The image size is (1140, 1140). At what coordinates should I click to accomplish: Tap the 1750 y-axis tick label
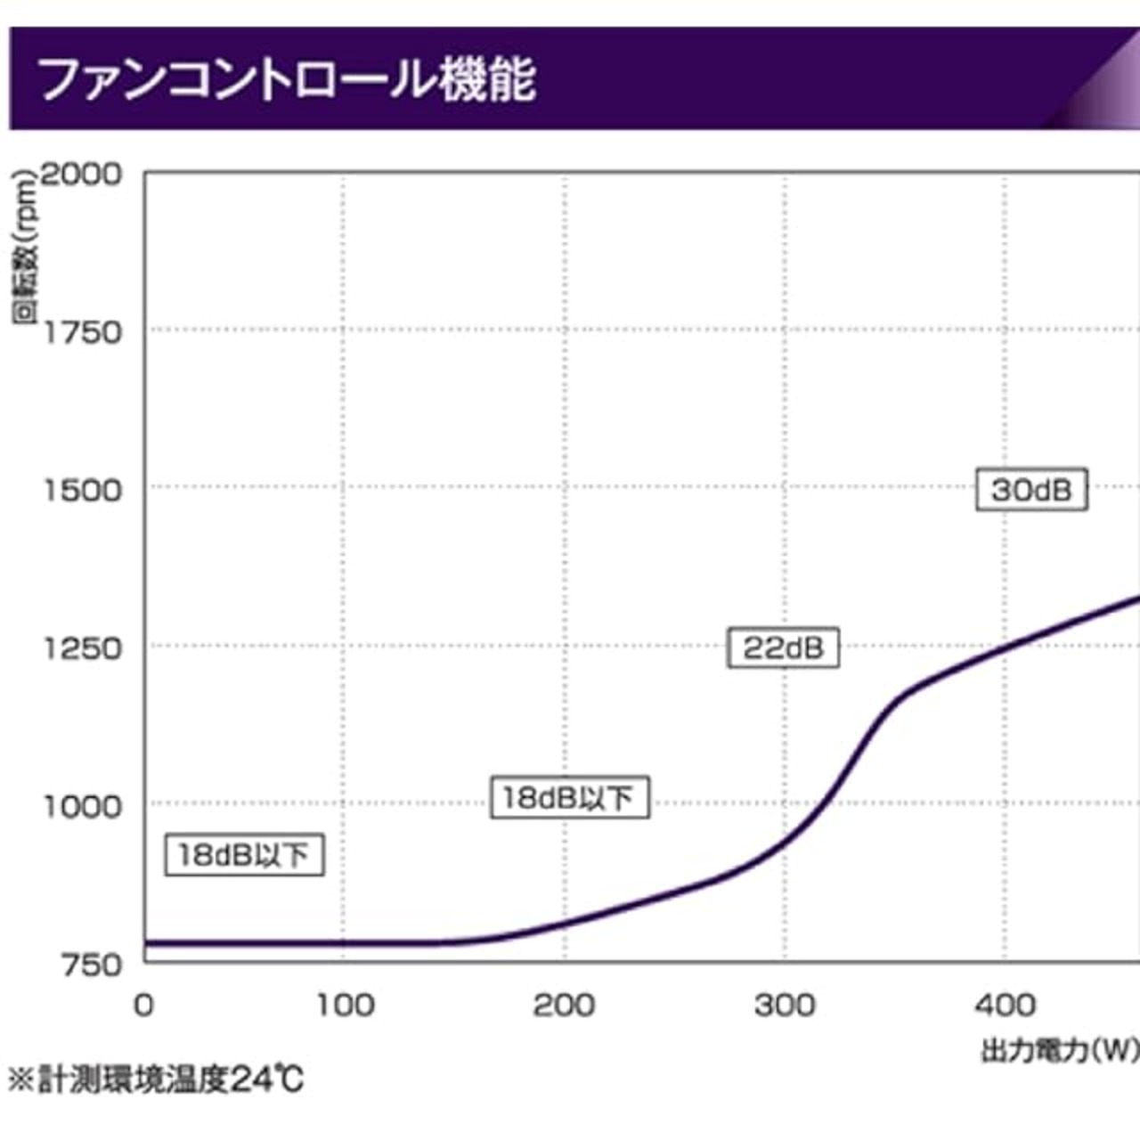82,333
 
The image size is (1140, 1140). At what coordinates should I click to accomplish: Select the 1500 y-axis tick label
82,490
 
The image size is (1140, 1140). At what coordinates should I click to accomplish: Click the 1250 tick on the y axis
82,648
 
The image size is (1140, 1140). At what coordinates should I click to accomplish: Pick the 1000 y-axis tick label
82,807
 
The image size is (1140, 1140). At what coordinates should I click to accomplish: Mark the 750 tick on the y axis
91,965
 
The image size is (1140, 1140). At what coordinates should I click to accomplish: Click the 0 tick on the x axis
143,1006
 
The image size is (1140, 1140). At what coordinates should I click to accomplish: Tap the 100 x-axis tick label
345,1006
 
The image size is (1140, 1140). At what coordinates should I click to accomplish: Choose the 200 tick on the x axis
564,1006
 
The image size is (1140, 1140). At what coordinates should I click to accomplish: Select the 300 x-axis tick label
784,1006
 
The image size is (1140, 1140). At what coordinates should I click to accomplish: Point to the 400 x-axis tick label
1005,1006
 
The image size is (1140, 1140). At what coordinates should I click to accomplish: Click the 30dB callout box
1031,489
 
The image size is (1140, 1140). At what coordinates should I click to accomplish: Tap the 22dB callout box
783,647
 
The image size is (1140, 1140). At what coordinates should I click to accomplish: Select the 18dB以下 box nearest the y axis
244,855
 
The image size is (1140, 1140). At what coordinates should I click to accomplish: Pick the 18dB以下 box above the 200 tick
569,797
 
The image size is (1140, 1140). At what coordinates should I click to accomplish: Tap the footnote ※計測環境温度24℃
157,1080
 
